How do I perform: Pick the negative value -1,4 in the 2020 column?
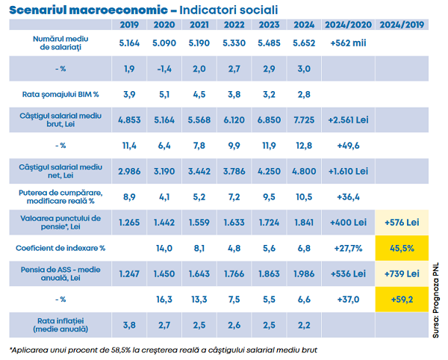[164, 69]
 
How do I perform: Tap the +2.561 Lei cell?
[347, 120]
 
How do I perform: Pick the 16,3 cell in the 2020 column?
[164, 299]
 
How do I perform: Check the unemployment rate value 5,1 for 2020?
[164, 94]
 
